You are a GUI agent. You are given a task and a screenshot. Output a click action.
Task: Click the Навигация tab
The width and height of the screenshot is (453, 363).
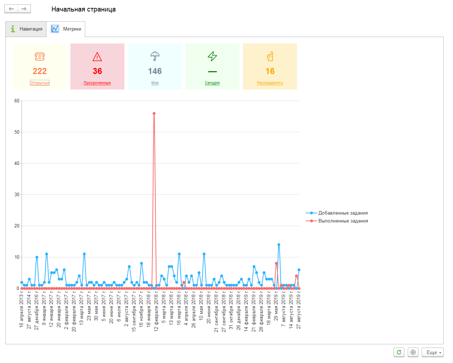point(26,29)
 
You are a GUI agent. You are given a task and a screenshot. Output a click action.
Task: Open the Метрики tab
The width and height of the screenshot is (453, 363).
point(66,29)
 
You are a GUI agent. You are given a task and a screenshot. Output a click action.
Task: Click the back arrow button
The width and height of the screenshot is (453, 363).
point(11,9)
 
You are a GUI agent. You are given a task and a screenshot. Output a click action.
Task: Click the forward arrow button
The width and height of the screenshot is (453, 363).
point(24,9)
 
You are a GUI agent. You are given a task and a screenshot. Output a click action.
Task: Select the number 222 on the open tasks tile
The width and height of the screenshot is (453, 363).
point(40,71)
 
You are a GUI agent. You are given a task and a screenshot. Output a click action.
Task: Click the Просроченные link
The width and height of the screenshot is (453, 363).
point(97,83)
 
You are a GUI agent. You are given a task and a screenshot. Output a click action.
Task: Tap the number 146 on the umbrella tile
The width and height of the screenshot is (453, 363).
point(155,71)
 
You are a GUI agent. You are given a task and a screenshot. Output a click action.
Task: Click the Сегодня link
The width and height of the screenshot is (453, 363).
point(212,83)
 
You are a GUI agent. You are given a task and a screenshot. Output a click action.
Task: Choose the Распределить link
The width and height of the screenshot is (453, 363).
point(270,83)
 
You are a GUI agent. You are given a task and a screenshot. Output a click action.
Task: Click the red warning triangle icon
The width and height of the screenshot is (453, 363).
point(97,56)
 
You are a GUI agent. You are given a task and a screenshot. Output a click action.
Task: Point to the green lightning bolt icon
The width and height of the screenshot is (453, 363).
point(212,56)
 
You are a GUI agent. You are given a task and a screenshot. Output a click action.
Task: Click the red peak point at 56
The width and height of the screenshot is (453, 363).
point(154,114)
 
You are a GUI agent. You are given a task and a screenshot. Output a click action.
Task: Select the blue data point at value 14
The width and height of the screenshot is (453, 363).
point(279,245)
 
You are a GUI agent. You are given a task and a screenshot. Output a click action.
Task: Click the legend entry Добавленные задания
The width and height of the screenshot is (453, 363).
point(343,213)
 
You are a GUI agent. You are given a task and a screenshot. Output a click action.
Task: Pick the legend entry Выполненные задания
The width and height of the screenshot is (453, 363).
point(343,221)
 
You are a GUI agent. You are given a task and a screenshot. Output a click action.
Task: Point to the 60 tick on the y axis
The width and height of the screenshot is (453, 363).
point(17,101)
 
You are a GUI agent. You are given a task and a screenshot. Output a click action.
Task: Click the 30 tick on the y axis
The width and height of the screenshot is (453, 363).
point(17,195)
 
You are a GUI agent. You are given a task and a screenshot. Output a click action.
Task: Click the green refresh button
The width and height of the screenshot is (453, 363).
point(399,352)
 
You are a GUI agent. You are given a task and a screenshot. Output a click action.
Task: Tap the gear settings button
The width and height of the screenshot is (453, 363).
point(413,352)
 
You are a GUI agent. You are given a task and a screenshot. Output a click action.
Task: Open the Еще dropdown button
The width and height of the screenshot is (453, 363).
point(433,352)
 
